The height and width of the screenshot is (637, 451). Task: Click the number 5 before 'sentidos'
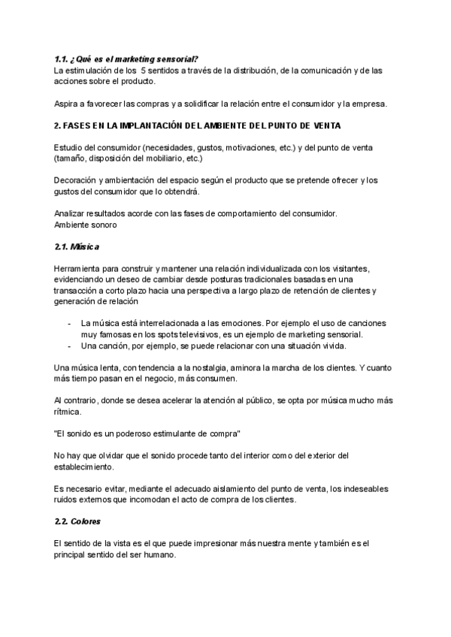click(x=143, y=71)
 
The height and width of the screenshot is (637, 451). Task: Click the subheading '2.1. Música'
click(x=77, y=246)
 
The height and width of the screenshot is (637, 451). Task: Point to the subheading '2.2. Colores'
click(x=79, y=521)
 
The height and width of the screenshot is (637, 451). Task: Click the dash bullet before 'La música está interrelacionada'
click(x=69, y=323)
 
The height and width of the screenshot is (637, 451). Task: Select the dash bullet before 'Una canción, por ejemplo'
click(x=69, y=346)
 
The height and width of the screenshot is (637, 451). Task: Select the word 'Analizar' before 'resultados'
click(x=70, y=213)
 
